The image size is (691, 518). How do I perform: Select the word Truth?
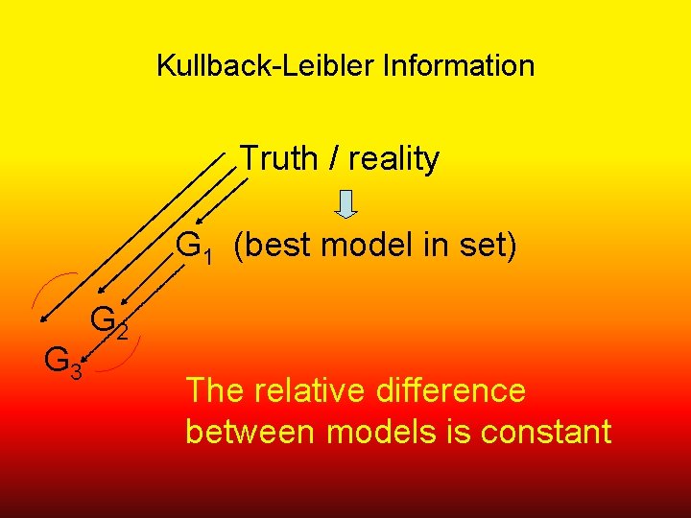click(x=277, y=157)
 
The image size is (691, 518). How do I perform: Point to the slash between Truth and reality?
click(x=332, y=158)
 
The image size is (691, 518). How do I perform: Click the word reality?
click(x=393, y=159)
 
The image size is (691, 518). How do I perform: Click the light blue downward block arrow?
click(x=347, y=203)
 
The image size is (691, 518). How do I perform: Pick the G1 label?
click(x=195, y=247)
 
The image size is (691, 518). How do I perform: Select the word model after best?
click(x=353, y=247)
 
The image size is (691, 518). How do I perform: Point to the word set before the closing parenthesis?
click(x=477, y=247)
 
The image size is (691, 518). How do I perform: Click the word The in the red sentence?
click(x=215, y=390)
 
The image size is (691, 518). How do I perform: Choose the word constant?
click(x=546, y=432)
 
